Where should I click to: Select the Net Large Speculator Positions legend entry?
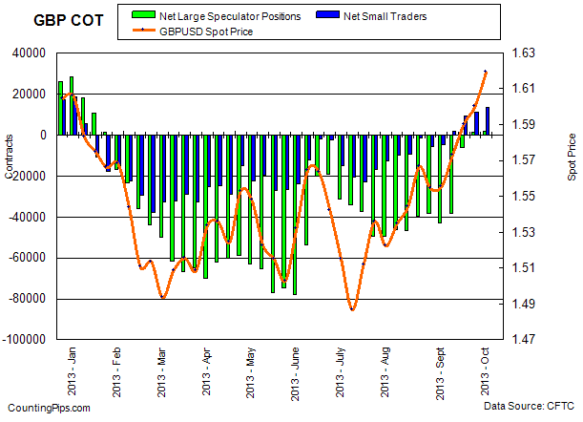(x=228, y=16)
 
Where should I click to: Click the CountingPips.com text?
(x=47, y=408)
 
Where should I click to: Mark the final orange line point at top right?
(x=486, y=72)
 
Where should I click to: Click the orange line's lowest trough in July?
(x=352, y=309)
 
